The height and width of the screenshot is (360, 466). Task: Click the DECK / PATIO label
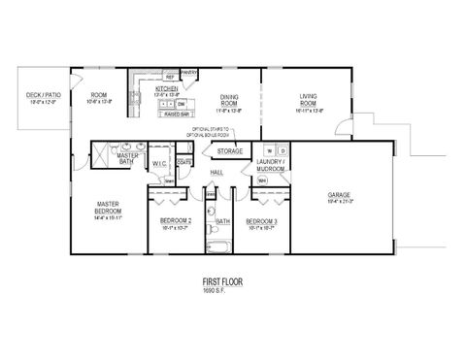pos(42,95)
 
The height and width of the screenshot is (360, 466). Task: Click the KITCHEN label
pos(167,89)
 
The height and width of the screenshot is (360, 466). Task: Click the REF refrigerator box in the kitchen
pos(169,76)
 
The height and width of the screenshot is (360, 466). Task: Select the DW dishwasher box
pos(182,103)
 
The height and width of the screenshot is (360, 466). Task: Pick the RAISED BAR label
pos(176,114)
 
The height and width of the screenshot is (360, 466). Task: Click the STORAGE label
pos(229,151)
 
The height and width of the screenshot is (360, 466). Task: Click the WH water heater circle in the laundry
pos(262,180)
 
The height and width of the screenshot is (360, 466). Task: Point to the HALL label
pos(216,173)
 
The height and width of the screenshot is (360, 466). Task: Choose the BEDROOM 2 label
pos(176,221)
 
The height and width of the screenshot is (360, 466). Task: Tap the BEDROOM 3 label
pos(262,221)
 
